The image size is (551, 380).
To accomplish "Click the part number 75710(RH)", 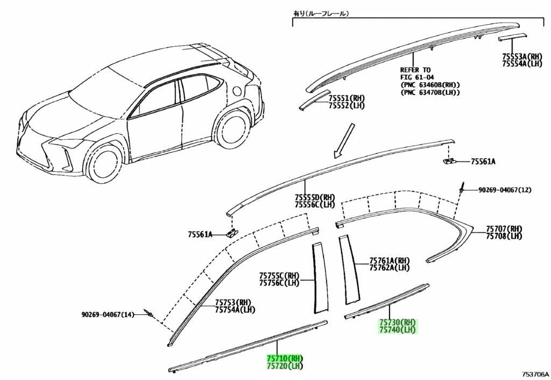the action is (x=285, y=359).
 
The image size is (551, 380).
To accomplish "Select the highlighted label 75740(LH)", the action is (x=397, y=330).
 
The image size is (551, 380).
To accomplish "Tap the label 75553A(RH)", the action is (x=522, y=56).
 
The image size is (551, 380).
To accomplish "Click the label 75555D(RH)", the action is (x=315, y=197).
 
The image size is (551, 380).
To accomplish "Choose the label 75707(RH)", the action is (x=504, y=229).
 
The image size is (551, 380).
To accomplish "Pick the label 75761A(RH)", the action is (x=390, y=261).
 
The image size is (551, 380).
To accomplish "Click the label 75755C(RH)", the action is (x=279, y=275).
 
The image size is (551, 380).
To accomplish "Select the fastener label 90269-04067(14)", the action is (x=108, y=315).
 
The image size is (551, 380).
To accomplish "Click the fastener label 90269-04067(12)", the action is (x=505, y=190).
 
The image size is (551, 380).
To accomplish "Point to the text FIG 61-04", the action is (x=417, y=77).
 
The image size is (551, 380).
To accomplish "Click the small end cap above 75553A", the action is (x=512, y=37).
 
